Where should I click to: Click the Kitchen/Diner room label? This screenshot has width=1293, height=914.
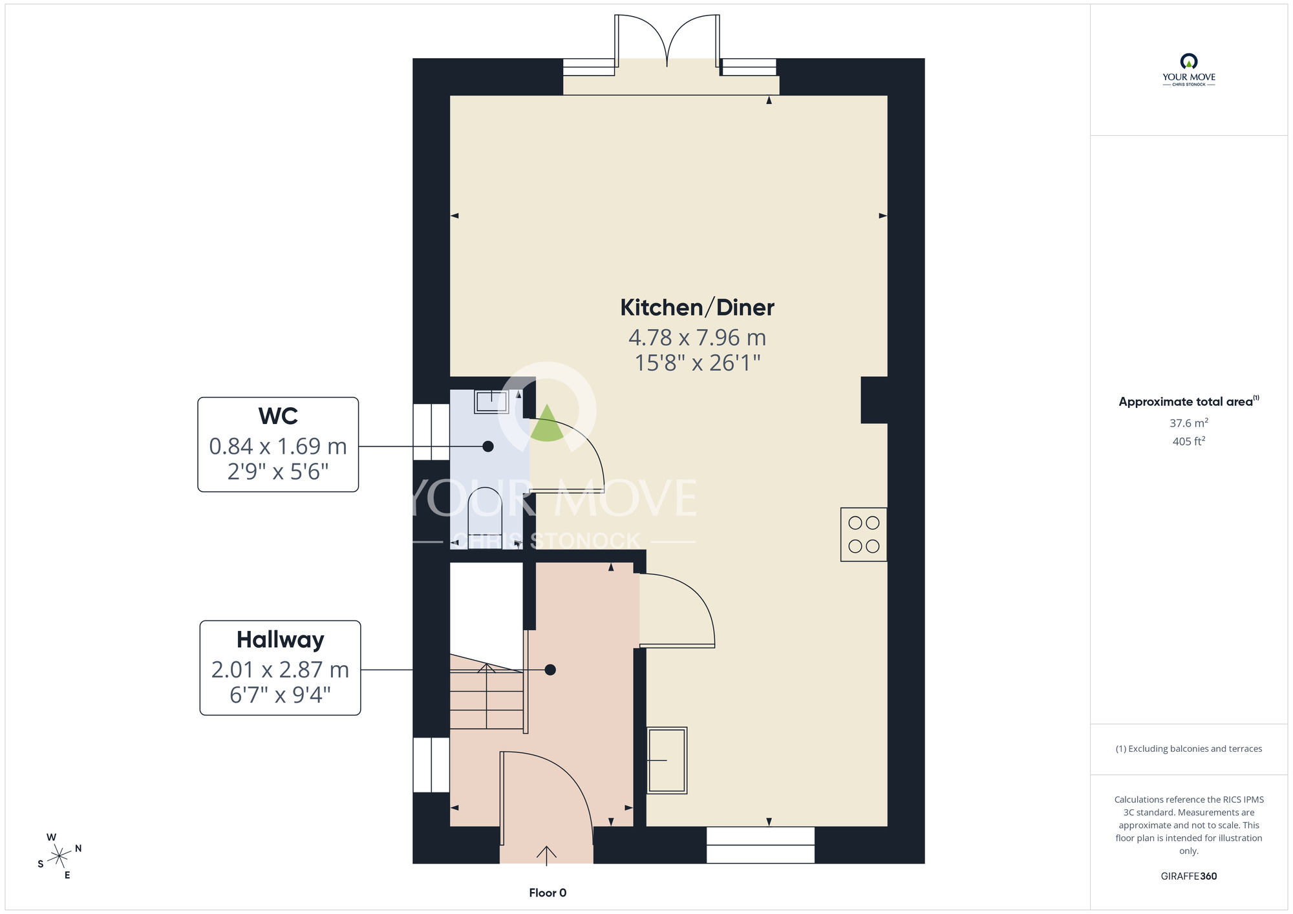pyautogui.click(x=697, y=308)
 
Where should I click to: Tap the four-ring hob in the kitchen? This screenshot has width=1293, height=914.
pyautogui.click(x=864, y=535)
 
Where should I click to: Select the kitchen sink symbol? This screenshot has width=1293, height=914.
pyautogui.click(x=667, y=760)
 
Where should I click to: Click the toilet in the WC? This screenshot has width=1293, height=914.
pyautogui.click(x=485, y=518)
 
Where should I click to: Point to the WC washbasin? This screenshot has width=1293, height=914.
pyautogui.click(x=491, y=401)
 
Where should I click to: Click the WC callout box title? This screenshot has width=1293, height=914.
pyautogui.click(x=278, y=416)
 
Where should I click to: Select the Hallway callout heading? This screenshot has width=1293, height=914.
pyautogui.click(x=280, y=640)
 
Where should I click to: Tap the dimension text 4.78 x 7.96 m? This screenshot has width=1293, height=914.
pyautogui.click(x=697, y=337)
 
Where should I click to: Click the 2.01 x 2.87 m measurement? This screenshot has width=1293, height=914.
pyautogui.click(x=280, y=670)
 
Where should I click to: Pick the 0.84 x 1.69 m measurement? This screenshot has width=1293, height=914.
pyautogui.click(x=278, y=446)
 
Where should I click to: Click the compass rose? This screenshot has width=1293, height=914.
pyautogui.click(x=59, y=856)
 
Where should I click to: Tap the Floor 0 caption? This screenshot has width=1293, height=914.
pyautogui.click(x=548, y=893)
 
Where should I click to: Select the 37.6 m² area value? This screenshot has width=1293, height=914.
pyautogui.click(x=1188, y=423)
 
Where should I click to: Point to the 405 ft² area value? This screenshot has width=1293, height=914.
pyautogui.click(x=1188, y=441)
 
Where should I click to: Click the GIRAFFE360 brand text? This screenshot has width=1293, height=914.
pyautogui.click(x=1188, y=877)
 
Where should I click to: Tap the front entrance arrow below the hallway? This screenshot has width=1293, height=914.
pyautogui.click(x=546, y=856)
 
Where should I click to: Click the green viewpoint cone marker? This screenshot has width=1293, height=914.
pyautogui.click(x=547, y=423)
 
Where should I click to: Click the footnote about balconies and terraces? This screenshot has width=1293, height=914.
pyautogui.click(x=1188, y=749)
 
